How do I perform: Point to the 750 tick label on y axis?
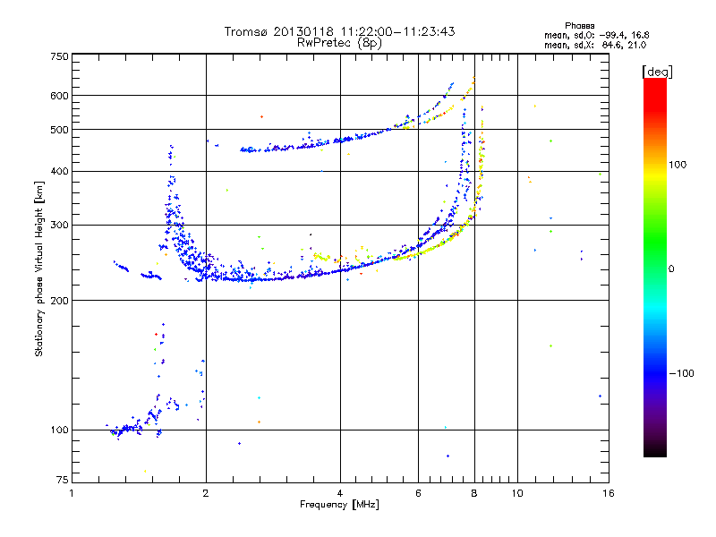[x=59, y=55]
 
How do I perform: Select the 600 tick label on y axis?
[x=59, y=95]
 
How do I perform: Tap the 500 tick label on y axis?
[x=59, y=130]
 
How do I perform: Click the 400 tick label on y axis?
[x=59, y=172]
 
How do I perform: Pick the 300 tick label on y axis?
[x=59, y=226]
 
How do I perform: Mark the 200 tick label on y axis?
[x=59, y=301]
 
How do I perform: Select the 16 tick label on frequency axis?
[x=607, y=493]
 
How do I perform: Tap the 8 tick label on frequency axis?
[x=474, y=493]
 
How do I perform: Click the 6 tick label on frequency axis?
[x=418, y=493]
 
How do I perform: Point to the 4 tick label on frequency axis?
[x=340, y=493]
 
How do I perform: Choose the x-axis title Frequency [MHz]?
[x=339, y=505]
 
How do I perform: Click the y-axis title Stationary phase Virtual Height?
[x=39, y=268]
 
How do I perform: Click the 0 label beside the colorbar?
[x=673, y=268]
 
